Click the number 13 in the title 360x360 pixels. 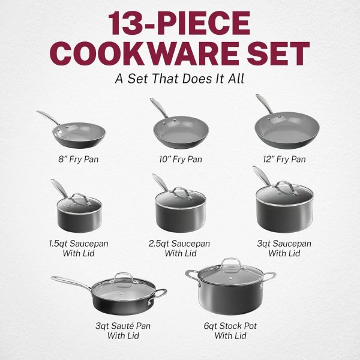pyautogui.click(x=133, y=24)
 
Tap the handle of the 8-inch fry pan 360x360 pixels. pyautogui.click(x=48, y=116)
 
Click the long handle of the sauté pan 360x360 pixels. pyautogui.click(x=66, y=283)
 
